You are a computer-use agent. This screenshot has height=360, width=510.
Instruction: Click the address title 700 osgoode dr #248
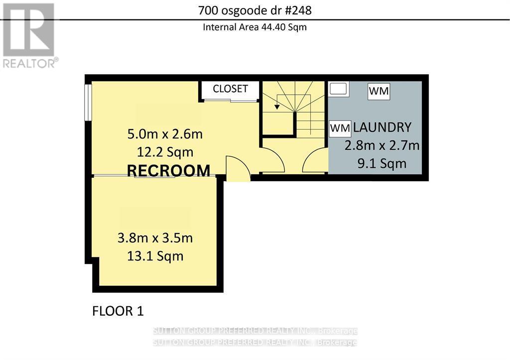click(x=255, y=10)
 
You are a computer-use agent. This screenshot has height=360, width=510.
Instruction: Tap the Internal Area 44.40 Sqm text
click(x=255, y=27)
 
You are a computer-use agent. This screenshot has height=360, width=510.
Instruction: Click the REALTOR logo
click(x=29, y=35)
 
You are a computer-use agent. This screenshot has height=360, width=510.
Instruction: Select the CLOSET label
click(x=230, y=89)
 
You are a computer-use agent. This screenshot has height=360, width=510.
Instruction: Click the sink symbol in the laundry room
click(x=339, y=89)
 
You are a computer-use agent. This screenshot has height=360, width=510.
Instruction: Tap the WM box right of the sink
click(x=379, y=92)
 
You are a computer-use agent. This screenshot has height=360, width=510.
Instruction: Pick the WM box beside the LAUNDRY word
click(x=341, y=128)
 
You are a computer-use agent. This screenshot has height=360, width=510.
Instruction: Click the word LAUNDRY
click(x=382, y=127)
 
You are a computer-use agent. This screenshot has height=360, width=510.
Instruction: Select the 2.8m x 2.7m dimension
click(x=382, y=146)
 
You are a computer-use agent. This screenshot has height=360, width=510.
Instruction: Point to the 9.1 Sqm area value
click(x=382, y=163)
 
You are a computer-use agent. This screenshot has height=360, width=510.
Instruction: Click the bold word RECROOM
click(x=168, y=171)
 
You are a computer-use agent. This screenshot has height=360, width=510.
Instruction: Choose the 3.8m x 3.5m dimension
click(x=155, y=238)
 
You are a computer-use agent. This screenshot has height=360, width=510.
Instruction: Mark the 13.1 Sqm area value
click(x=155, y=256)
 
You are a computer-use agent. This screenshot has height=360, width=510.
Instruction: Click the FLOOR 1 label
click(x=118, y=311)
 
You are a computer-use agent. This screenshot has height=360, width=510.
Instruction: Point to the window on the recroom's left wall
click(x=88, y=102)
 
